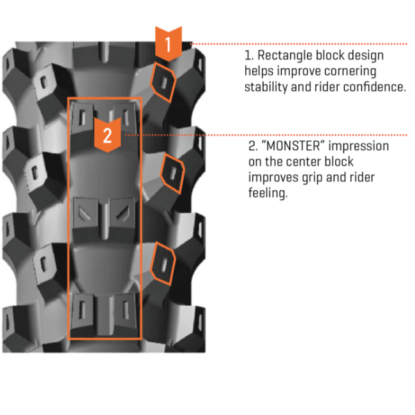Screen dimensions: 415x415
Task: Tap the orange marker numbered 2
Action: tap(107, 135)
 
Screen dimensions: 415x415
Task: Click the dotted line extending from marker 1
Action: tap(300, 43)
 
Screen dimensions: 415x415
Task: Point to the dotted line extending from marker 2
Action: tap(268, 135)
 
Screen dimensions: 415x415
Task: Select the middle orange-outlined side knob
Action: tap(172, 171)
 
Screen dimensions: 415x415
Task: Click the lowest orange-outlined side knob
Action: tap(163, 262)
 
